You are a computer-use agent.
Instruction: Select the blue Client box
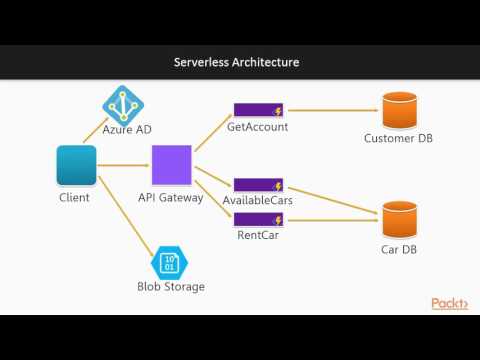point(77,165)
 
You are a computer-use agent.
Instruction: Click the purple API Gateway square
point(171,165)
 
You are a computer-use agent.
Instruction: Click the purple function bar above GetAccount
point(258,109)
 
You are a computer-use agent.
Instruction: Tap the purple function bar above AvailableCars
point(258,186)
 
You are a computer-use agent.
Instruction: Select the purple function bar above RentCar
point(258,217)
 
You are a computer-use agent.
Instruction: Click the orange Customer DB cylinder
point(400,110)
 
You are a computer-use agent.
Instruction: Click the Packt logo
point(449,303)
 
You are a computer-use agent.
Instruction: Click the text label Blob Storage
point(170,287)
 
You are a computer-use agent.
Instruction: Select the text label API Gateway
point(171,197)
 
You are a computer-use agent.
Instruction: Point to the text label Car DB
point(400,249)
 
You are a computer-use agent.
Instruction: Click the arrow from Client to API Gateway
point(123,165)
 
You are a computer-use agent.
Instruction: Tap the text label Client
point(75,197)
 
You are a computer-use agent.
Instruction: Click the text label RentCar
point(258,236)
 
